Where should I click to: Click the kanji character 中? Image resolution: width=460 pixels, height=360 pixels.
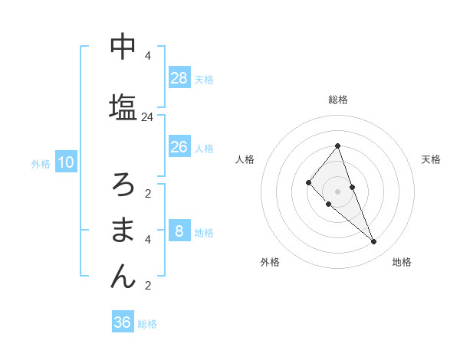click(x=123, y=47)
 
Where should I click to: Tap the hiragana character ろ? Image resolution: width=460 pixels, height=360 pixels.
click(x=123, y=184)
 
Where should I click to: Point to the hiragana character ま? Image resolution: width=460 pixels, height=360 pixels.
click(x=123, y=230)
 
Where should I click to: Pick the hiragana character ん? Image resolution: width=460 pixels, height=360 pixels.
click(x=123, y=277)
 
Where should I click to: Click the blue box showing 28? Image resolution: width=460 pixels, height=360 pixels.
click(x=179, y=78)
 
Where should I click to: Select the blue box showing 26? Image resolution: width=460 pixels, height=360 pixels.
click(x=179, y=147)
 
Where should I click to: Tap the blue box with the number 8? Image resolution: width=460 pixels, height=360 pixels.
click(x=179, y=231)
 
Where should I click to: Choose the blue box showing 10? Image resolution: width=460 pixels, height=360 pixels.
click(x=65, y=162)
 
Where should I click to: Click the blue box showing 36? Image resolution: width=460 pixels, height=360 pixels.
click(x=122, y=322)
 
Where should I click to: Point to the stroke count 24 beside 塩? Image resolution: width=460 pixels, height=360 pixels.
click(x=147, y=117)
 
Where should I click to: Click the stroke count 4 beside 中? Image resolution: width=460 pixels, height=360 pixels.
click(x=147, y=56)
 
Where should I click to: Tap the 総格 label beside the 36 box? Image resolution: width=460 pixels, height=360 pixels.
click(x=147, y=324)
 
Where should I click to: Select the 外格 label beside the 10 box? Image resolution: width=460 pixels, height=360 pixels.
click(x=40, y=163)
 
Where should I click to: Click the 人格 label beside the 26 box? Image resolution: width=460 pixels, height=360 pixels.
click(x=204, y=148)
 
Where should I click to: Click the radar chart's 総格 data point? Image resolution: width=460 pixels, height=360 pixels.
click(x=337, y=146)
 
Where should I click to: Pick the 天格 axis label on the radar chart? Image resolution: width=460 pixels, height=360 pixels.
click(x=431, y=159)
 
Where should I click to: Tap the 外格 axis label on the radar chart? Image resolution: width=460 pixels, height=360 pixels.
click(x=270, y=262)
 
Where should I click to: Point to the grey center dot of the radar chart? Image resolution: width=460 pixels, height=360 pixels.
click(x=337, y=191)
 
